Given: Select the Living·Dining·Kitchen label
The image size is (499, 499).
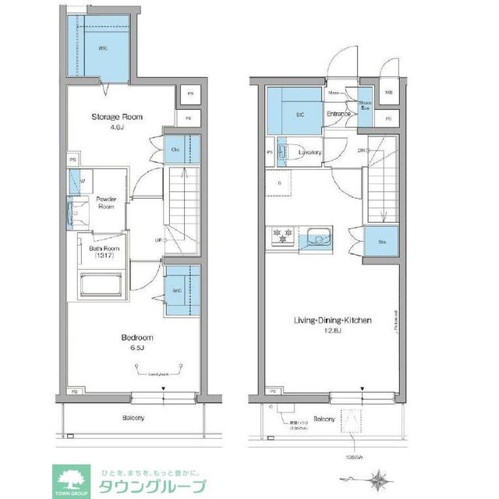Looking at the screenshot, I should point(332,320).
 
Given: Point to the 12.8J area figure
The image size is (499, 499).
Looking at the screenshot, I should point(333,331).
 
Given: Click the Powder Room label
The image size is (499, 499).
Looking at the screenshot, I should point(105,203).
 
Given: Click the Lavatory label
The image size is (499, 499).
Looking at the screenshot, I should point(310,152).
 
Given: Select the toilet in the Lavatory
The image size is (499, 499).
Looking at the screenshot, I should point(284,150).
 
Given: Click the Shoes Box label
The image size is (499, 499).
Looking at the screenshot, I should point(365,106).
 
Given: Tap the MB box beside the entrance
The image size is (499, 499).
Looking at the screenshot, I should point(389,94).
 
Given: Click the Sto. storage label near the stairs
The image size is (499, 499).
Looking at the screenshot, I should point(381,242).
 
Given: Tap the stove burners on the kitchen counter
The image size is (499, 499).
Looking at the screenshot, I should point(281,232).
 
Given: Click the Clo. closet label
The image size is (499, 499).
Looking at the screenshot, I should point(175,149).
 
